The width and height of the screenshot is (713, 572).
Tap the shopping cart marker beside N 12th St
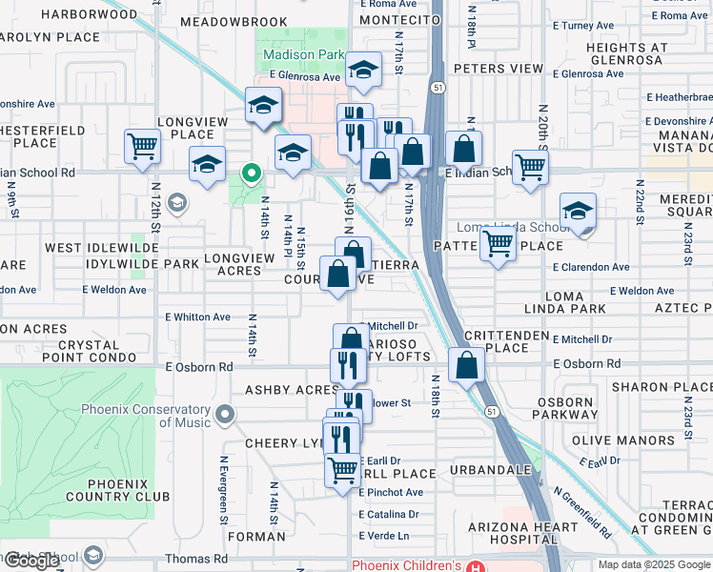(x=142, y=148)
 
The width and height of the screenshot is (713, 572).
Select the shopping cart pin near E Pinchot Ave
(x=342, y=470)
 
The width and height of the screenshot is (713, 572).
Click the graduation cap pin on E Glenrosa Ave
(x=363, y=70)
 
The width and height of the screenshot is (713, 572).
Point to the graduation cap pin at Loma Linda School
(x=578, y=211)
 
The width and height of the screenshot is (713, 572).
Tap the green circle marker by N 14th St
(x=252, y=174)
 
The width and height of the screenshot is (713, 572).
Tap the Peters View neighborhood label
(x=498, y=69)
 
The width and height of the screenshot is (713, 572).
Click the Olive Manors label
(x=623, y=440)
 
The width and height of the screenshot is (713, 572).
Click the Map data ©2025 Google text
(x=653, y=564)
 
